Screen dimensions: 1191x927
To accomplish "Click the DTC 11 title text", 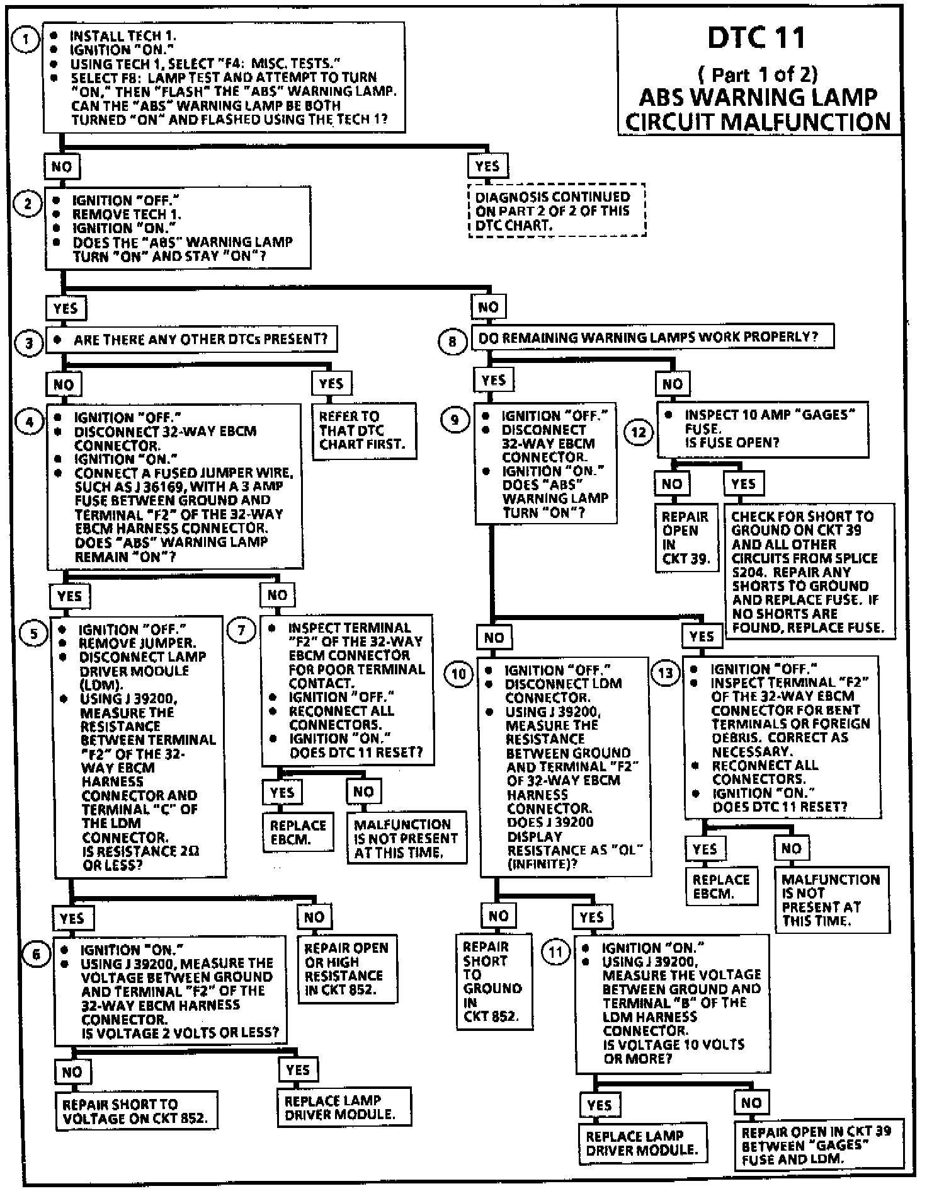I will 757,38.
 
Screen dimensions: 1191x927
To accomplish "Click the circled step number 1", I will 25,39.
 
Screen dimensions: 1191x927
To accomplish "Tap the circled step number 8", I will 452,342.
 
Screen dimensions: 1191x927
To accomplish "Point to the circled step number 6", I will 36,954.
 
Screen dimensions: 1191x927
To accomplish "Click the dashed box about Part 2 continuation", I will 557,210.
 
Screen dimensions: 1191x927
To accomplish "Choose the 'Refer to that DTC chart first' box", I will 364,431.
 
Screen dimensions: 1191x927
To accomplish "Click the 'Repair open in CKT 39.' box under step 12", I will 686,537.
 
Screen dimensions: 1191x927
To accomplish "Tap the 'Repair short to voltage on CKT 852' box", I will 135,1111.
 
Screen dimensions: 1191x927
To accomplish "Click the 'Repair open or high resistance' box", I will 347,969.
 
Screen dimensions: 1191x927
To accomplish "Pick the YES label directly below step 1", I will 487,166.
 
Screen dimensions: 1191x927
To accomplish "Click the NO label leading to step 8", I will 488,308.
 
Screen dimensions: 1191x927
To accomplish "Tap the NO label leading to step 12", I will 672,383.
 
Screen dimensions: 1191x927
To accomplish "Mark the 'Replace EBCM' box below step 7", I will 298,832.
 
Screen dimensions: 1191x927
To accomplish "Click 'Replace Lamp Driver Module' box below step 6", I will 344,1107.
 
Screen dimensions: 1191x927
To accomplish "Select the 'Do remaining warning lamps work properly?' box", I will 652,337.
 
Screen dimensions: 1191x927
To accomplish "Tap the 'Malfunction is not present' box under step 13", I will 831,899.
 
